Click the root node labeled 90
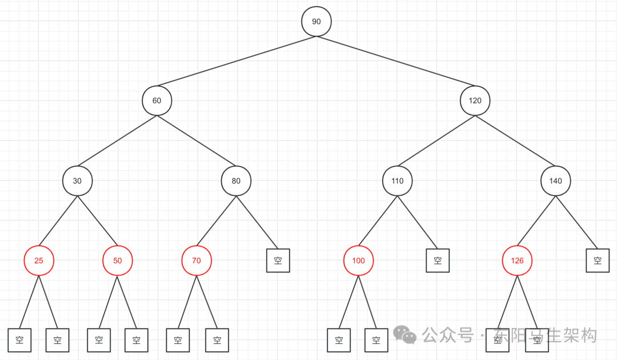(316, 21)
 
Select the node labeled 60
(157, 101)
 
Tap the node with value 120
(475, 101)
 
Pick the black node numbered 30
(77, 181)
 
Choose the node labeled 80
(236, 181)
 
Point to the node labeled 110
(397, 181)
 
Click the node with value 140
(555, 181)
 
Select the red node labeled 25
(38, 261)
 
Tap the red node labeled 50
(117, 261)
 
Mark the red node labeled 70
(197, 261)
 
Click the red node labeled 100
(358, 261)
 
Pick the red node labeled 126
(517, 261)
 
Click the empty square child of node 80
(278, 261)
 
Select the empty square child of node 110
(438, 261)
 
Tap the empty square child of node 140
(598, 261)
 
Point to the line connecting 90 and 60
(237, 61)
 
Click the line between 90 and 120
(396, 61)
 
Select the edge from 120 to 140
(515, 141)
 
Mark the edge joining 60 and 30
(117, 141)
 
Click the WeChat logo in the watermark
(406, 335)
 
